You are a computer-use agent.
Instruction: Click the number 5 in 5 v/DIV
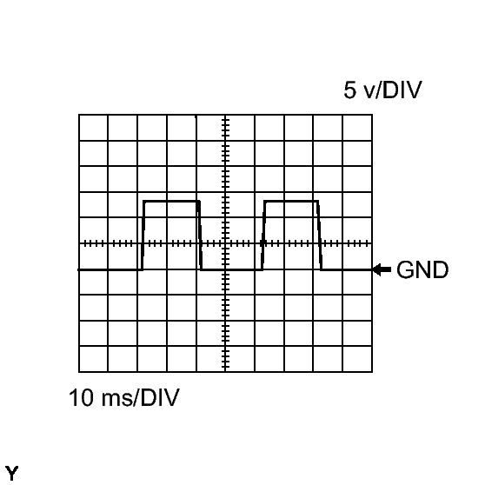click(349, 90)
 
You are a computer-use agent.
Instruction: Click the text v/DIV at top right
click(393, 90)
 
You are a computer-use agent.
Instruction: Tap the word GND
click(422, 270)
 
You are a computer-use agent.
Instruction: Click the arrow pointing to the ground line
click(382, 269)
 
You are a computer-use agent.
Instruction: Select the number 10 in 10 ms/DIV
click(81, 397)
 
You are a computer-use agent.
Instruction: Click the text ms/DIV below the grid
click(140, 397)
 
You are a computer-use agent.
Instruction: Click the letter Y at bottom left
click(12, 474)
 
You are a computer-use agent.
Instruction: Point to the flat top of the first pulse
click(171, 202)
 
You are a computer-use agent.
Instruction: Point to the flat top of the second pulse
click(291, 202)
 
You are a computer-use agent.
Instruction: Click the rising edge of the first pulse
click(143, 236)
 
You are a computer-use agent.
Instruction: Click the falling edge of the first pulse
click(200, 236)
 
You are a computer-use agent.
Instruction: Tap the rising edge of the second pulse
click(263, 236)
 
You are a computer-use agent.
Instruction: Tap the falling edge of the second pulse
click(320, 236)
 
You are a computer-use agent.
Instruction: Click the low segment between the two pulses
click(232, 269)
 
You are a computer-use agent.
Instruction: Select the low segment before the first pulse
click(110, 269)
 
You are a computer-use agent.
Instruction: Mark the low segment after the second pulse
click(347, 269)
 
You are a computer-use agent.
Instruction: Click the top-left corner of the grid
click(79, 115)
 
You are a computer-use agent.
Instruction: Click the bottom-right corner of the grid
click(372, 372)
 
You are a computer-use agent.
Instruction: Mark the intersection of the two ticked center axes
click(225, 243)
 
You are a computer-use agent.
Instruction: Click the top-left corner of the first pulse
click(144, 202)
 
